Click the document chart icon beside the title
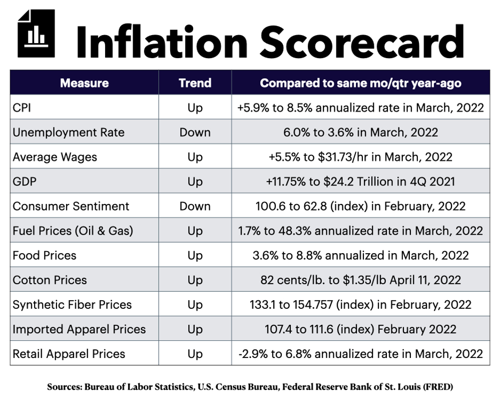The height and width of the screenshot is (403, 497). pos(36,33)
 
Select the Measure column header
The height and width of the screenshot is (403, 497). pos(84,83)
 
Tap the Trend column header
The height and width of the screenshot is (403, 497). pos(195,83)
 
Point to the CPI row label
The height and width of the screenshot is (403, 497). pos(22,108)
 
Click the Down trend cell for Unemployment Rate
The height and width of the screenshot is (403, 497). pos(195,132)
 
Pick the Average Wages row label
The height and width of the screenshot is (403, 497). pos(55,157)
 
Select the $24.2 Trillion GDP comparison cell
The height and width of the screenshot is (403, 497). pos(361,181)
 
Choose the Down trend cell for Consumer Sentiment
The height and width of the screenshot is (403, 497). pos(195,206)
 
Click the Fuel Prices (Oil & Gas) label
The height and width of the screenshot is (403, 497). pos(73,231)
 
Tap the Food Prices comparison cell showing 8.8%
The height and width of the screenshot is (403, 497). pos(361,256)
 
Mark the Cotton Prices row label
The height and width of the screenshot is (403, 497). pos(50,280)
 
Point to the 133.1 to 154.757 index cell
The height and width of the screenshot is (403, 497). pos(361,305)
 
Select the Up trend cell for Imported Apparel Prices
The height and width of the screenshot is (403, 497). pos(195,329)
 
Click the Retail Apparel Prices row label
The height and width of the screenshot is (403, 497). pos(69,354)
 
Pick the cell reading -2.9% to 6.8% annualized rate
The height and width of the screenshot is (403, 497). pos(361,354)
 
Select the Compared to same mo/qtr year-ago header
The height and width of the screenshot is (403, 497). pos(361,83)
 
